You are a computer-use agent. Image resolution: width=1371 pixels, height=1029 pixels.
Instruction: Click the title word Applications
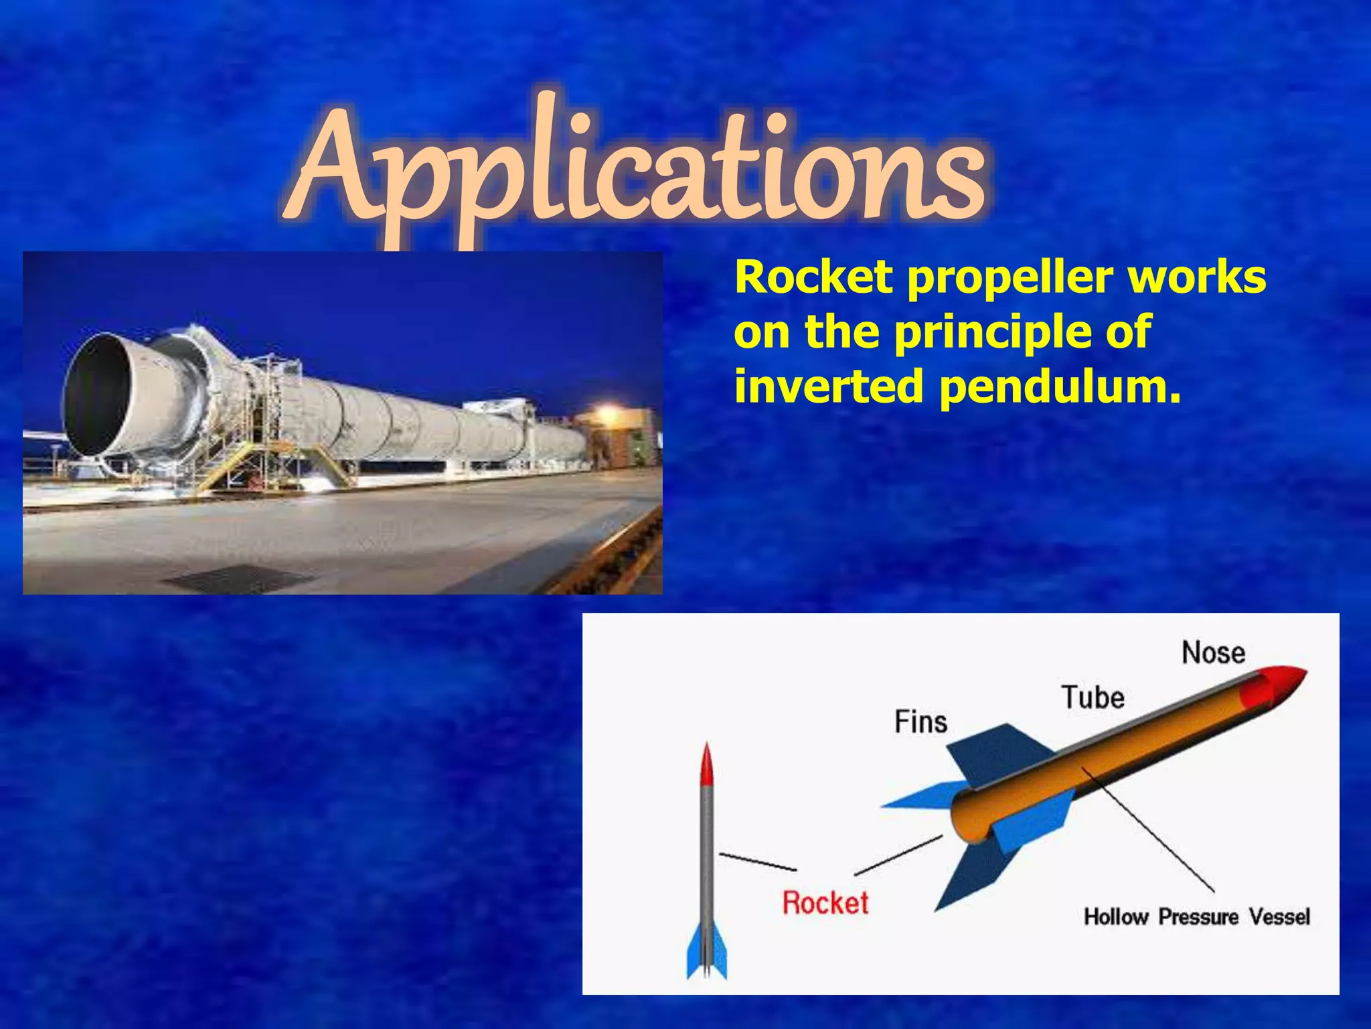click(x=636, y=167)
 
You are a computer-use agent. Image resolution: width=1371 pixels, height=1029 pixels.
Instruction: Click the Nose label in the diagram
click(x=1213, y=653)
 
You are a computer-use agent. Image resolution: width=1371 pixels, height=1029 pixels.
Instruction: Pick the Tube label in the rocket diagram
click(x=1093, y=697)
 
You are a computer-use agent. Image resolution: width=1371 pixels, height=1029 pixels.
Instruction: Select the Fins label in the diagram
click(x=921, y=722)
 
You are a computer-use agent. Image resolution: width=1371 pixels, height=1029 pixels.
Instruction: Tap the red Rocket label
click(x=825, y=902)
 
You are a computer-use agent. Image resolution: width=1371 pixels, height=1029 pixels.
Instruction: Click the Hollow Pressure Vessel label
click(x=1196, y=916)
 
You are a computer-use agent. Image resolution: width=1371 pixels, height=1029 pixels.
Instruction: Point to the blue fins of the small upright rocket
click(x=706, y=951)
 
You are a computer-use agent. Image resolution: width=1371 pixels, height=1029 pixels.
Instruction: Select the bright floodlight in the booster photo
click(x=606, y=410)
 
